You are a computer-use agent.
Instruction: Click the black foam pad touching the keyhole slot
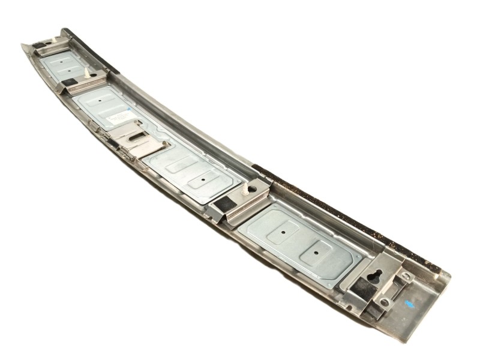pos(363,286)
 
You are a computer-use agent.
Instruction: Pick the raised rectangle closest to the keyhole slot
pos(318,252)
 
